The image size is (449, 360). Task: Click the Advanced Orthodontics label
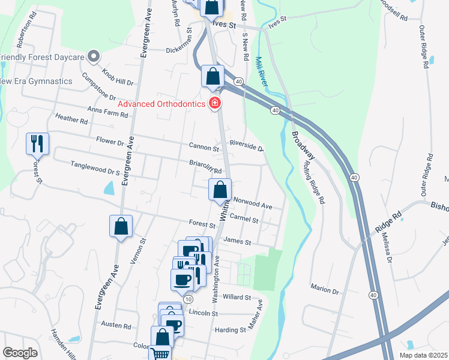pyautogui.click(x=161, y=104)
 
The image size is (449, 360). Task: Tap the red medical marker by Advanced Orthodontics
pyautogui.click(x=214, y=104)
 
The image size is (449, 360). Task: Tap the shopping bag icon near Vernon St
pyautogui.click(x=121, y=226)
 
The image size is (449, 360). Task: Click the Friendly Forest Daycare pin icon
pyautogui.click(x=93, y=57)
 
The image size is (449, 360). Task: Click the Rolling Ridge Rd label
pyautogui.click(x=314, y=182)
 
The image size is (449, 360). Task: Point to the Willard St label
pyautogui.click(x=236, y=297)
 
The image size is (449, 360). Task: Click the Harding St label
pyautogui.click(x=230, y=329)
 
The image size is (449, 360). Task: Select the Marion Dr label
pyautogui.click(x=325, y=289)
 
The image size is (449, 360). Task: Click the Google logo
pyautogui.click(x=20, y=352)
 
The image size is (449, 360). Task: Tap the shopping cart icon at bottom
pyautogui.click(x=160, y=354)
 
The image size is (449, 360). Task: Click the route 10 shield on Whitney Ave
pyautogui.click(x=188, y=299)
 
